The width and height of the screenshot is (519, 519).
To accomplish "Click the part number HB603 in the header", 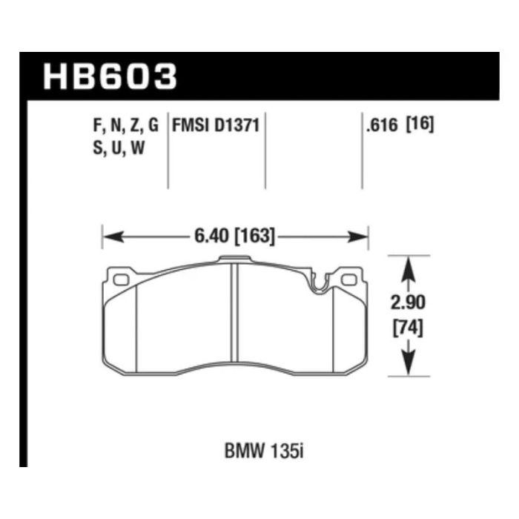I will coord(111,76).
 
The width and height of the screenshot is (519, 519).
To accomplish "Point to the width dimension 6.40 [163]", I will coord(234,237).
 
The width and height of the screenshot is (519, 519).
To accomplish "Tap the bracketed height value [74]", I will coord(406,327).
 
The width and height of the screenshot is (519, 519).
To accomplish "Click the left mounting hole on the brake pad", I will coord(122,280).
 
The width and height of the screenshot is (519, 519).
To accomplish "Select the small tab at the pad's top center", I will coord(234,259).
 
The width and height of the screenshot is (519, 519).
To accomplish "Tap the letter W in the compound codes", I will coord(137,147).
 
